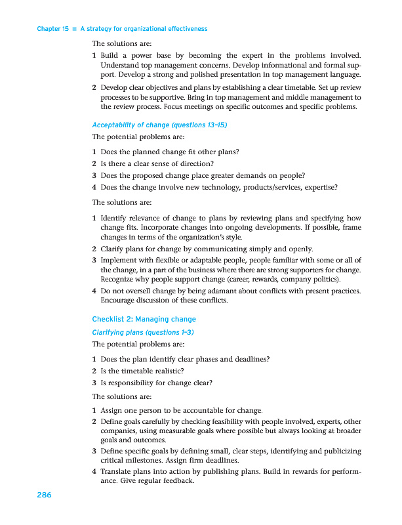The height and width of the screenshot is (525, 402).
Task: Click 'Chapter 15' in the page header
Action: point(53,29)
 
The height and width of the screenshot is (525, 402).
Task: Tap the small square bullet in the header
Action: point(74,29)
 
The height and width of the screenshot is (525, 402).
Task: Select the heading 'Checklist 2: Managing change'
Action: point(144,320)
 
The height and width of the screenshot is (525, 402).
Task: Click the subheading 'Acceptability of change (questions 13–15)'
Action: point(159,125)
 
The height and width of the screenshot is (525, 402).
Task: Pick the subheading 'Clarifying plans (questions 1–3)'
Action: point(143,332)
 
